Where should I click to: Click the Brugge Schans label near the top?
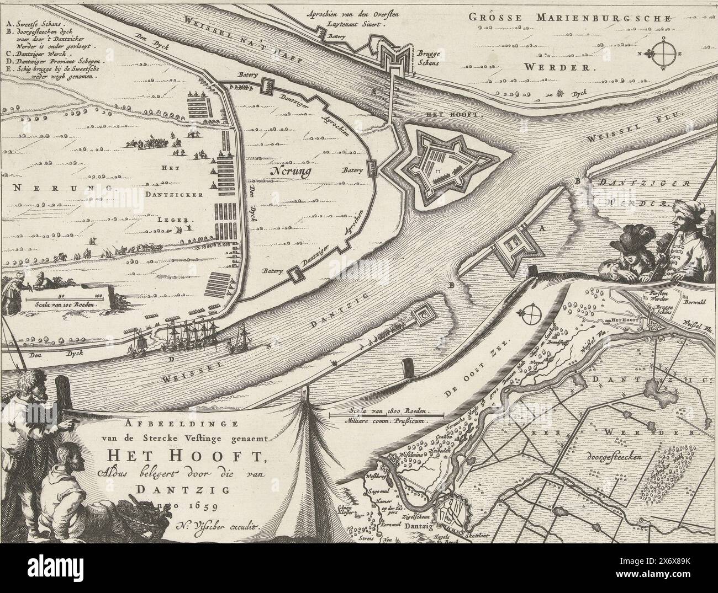point(429,60)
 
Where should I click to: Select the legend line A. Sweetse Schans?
point(34,25)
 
